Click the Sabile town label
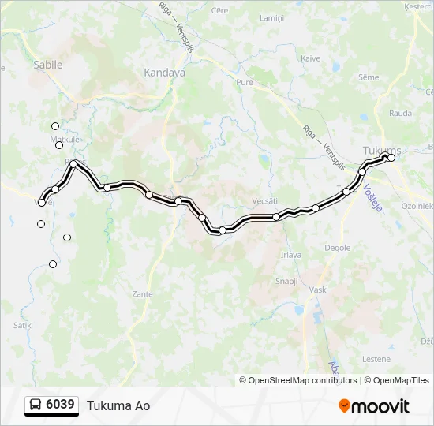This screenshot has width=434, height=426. click(47, 65)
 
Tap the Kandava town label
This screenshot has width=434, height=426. click(164, 72)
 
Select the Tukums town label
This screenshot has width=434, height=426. click(382, 150)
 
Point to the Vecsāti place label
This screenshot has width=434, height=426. click(265, 200)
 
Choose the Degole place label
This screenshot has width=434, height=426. click(338, 247)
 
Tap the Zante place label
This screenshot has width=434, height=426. click(143, 293)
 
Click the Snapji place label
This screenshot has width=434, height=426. click(286, 281)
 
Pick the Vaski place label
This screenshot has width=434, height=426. click(319, 290)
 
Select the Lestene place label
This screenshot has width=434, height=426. click(376, 359)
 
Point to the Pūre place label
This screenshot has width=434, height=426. click(243, 81)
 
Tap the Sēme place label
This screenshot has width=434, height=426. click(369, 77)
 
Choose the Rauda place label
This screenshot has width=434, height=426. click(400, 113)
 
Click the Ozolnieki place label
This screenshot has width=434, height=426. click(417, 205)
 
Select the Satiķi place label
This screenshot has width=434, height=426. click(23, 324)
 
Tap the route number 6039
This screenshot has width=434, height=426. click(61, 405)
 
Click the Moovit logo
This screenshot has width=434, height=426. click(374, 406)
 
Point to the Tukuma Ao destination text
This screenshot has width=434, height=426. click(118, 406)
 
